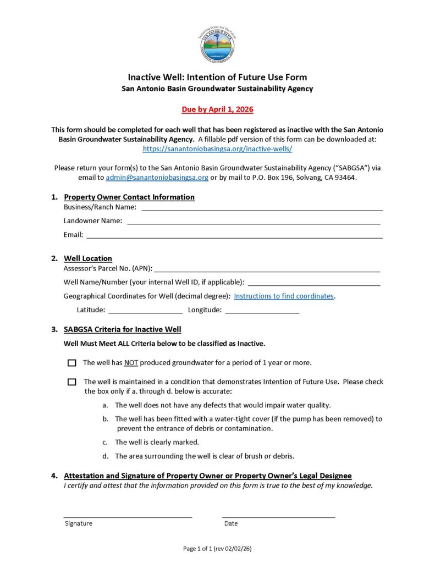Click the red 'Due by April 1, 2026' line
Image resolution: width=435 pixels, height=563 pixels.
click(217, 109)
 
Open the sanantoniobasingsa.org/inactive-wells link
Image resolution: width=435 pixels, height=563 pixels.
click(217, 148)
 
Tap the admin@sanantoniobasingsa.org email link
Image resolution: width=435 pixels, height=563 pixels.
click(157, 178)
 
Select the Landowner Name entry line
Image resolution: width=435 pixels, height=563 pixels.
click(254, 223)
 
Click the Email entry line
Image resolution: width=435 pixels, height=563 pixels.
click(234, 237)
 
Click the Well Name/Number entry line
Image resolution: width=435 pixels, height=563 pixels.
click(314, 284)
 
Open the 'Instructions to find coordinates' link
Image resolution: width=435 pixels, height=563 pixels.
click(284, 296)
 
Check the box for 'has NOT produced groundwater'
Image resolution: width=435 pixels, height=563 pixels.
click(72, 363)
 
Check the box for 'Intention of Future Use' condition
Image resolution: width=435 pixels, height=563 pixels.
click(72, 382)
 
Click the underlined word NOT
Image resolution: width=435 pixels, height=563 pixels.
click(131, 363)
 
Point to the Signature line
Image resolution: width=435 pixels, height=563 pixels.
click(128, 516)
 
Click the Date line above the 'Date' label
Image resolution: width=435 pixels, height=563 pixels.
click(278, 516)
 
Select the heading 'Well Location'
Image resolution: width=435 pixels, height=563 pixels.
click(88, 258)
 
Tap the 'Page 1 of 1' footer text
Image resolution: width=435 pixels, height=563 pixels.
click(217, 549)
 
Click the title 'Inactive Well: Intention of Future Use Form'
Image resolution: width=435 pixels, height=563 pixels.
click(217, 77)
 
